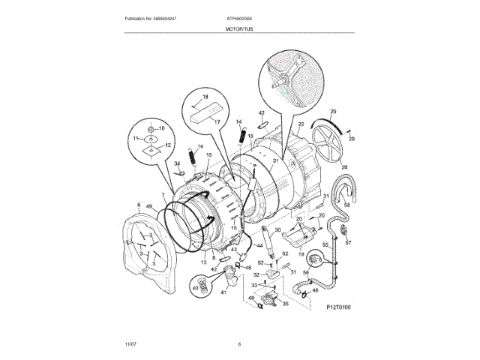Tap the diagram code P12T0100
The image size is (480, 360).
(339, 307)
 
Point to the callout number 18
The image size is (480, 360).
(205, 98)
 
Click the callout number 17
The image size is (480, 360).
(217, 122)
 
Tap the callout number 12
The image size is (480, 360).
(168, 145)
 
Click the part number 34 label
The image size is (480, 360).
(178, 163)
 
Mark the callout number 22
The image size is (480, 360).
(301, 124)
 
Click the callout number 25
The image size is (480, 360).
(333, 112)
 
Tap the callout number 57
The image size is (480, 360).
(348, 243)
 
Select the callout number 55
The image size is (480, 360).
(325, 245)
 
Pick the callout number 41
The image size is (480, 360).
(223, 293)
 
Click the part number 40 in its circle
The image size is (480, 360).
(196, 287)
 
